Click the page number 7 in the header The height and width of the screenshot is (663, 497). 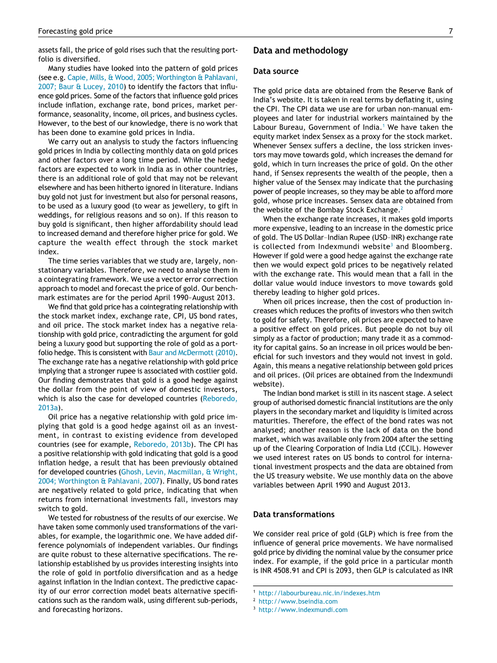450,32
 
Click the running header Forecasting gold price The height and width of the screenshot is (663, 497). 75,32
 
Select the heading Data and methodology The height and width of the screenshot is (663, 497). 300,51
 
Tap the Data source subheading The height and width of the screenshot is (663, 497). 276,71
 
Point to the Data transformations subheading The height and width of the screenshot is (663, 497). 293,514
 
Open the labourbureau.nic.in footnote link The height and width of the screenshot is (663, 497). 319,593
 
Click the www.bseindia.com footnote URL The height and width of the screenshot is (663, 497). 298,601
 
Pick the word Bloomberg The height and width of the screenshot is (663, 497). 433,247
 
